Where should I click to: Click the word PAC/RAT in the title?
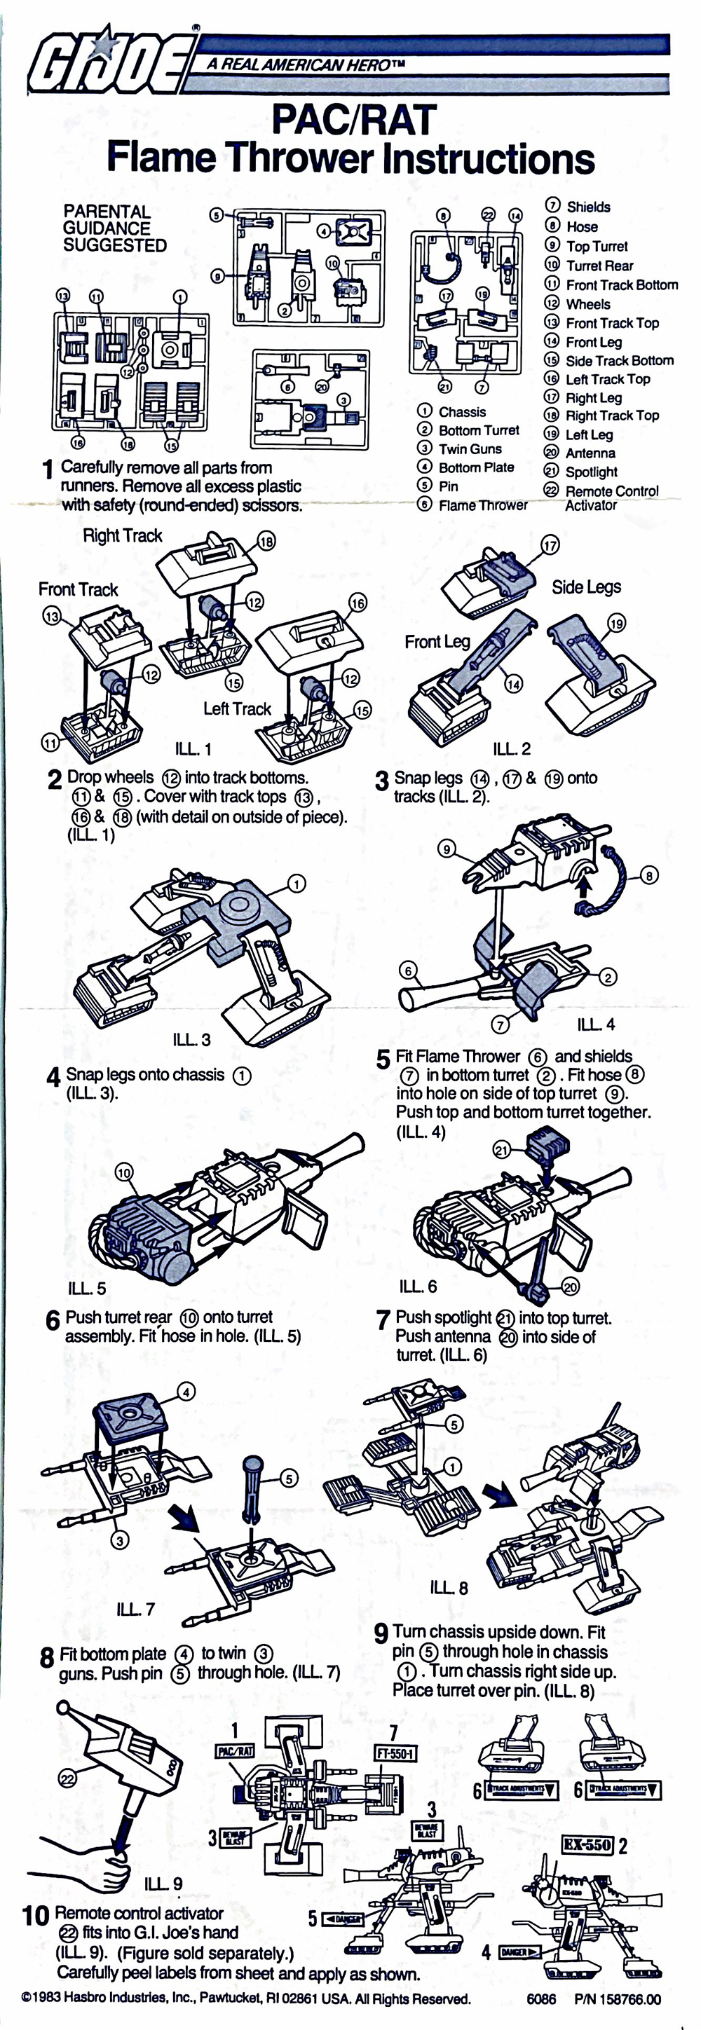pyautogui.click(x=353, y=120)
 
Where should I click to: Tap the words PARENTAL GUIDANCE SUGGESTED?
pyautogui.click(x=114, y=228)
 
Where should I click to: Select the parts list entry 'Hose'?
pyautogui.click(x=581, y=226)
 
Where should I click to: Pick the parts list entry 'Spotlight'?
pyautogui.click(x=591, y=472)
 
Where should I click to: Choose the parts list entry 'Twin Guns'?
pyautogui.click(x=469, y=449)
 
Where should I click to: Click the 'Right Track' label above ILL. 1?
pyautogui.click(x=122, y=536)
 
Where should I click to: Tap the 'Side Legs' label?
pyautogui.click(x=586, y=587)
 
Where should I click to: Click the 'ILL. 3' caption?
pyautogui.click(x=191, y=1039)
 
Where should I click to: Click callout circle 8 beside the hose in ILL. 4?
pyautogui.click(x=648, y=875)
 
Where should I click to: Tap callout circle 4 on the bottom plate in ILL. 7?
pyautogui.click(x=186, y=1392)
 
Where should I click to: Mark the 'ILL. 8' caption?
pyautogui.click(x=449, y=1587)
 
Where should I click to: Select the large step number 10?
pyautogui.click(x=36, y=1915)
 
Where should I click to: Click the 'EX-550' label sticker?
pyautogui.click(x=587, y=1844)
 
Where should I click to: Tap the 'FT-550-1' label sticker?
pyautogui.click(x=396, y=1753)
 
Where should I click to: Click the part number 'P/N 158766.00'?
pyautogui.click(x=618, y=1999)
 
